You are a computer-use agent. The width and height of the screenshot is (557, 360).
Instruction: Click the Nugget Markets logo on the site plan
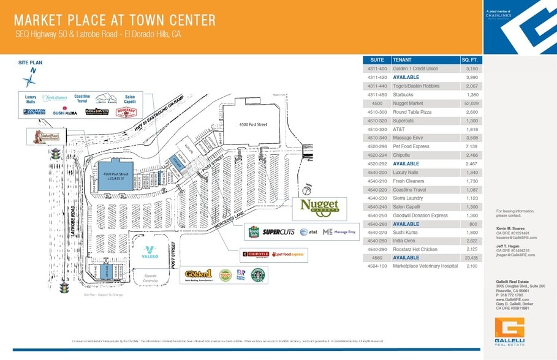(x=319, y=208)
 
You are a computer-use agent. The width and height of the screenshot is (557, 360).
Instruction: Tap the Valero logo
(x=150, y=252)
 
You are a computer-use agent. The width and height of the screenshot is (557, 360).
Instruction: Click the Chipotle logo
(x=256, y=254)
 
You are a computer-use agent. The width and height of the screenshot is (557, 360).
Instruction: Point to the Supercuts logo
(x=279, y=232)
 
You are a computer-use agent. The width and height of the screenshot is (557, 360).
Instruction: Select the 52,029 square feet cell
(x=471, y=103)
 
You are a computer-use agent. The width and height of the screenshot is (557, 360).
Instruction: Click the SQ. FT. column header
(x=470, y=60)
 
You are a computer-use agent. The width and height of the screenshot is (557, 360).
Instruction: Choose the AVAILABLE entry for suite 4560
(x=406, y=258)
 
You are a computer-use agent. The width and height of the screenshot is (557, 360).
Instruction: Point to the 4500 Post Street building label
(x=253, y=125)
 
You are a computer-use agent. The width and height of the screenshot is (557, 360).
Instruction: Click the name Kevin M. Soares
(x=510, y=228)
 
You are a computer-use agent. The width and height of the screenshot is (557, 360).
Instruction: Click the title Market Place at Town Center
(x=115, y=20)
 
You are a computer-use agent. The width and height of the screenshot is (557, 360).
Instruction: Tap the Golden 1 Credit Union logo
(x=199, y=275)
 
